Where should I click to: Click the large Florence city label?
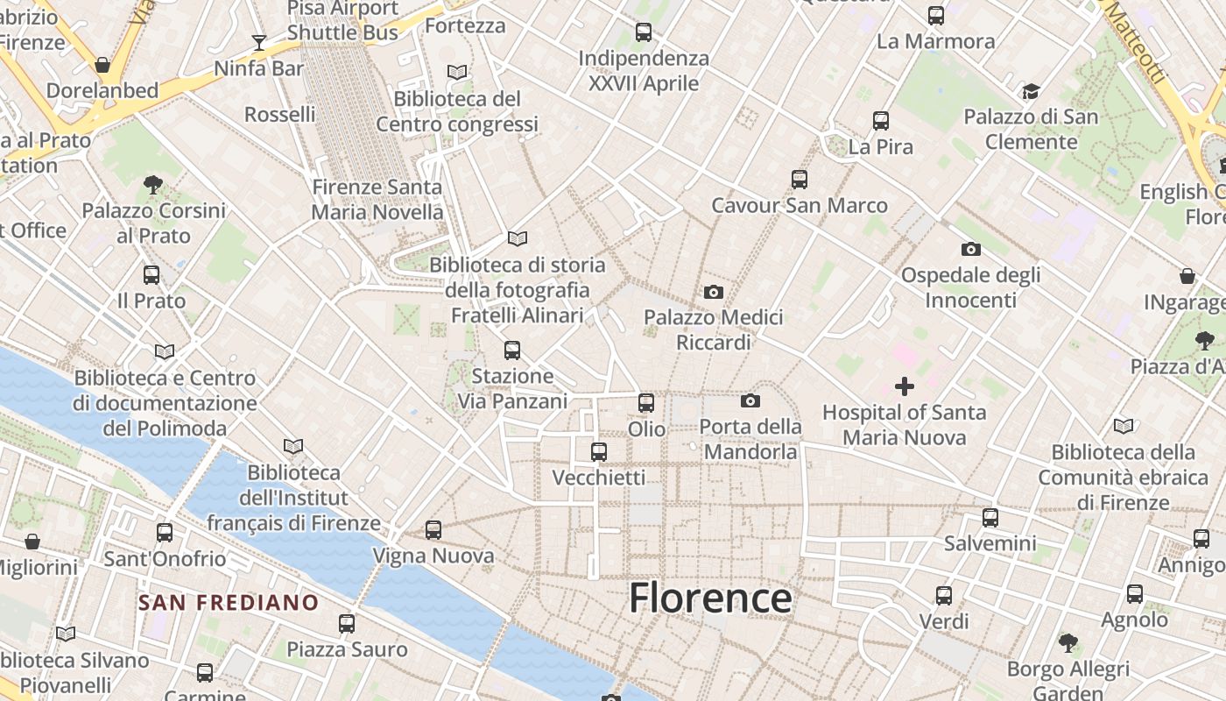pyautogui.click(x=710, y=598)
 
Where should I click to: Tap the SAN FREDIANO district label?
pyautogui.click(x=229, y=603)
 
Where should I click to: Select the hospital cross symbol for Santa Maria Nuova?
pyautogui.click(x=905, y=386)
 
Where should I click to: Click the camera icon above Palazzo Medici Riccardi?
pyautogui.click(x=714, y=292)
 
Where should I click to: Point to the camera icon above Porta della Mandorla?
pyautogui.click(x=750, y=401)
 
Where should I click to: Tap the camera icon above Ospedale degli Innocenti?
pyautogui.click(x=971, y=250)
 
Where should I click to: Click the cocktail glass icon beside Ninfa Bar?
pyautogui.click(x=259, y=42)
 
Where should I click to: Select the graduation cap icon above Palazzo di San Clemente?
pyautogui.click(x=1031, y=92)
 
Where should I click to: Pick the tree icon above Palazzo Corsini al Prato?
pyautogui.click(x=153, y=185)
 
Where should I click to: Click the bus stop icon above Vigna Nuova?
pyautogui.click(x=433, y=530)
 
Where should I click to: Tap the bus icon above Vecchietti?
pyautogui.click(x=599, y=452)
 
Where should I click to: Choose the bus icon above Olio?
pyautogui.click(x=646, y=403)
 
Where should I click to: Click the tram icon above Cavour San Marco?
pyautogui.click(x=800, y=180)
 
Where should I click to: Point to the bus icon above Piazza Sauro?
pyautogui.click(x=347, y=624)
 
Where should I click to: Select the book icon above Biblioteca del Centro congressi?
pyautogui.click(x=456, y=73)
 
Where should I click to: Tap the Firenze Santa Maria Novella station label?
pyautogui.click(x=377, y=200)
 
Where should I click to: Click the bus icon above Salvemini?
pyautogui.click(x=990, y=518)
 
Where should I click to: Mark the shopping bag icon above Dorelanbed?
pyautogui.click(x=102, y=65)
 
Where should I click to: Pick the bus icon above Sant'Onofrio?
pyautogui.click(x=165, y=533)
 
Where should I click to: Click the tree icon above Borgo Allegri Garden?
pyautogui.click(x=1068, y=643)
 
